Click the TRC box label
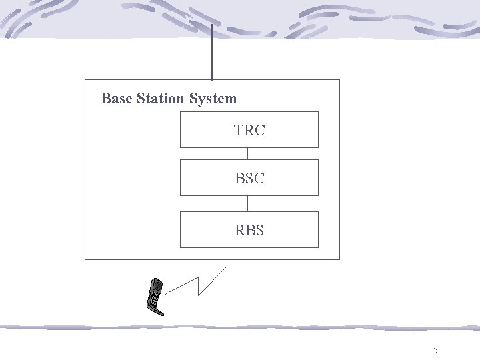click(249, 131)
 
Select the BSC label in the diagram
click(249, 179)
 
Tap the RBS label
click(249, 231)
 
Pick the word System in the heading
click(213, 99)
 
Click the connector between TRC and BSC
click(247, 153)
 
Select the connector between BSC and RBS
click(247, 203)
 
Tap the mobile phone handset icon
click(155, 295)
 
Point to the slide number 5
click(435, 350)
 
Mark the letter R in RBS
click(240, 231)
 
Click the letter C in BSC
click(259, 179)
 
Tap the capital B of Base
click(105, 99)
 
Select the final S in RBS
click(259, 231)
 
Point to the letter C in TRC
click(259, 131)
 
